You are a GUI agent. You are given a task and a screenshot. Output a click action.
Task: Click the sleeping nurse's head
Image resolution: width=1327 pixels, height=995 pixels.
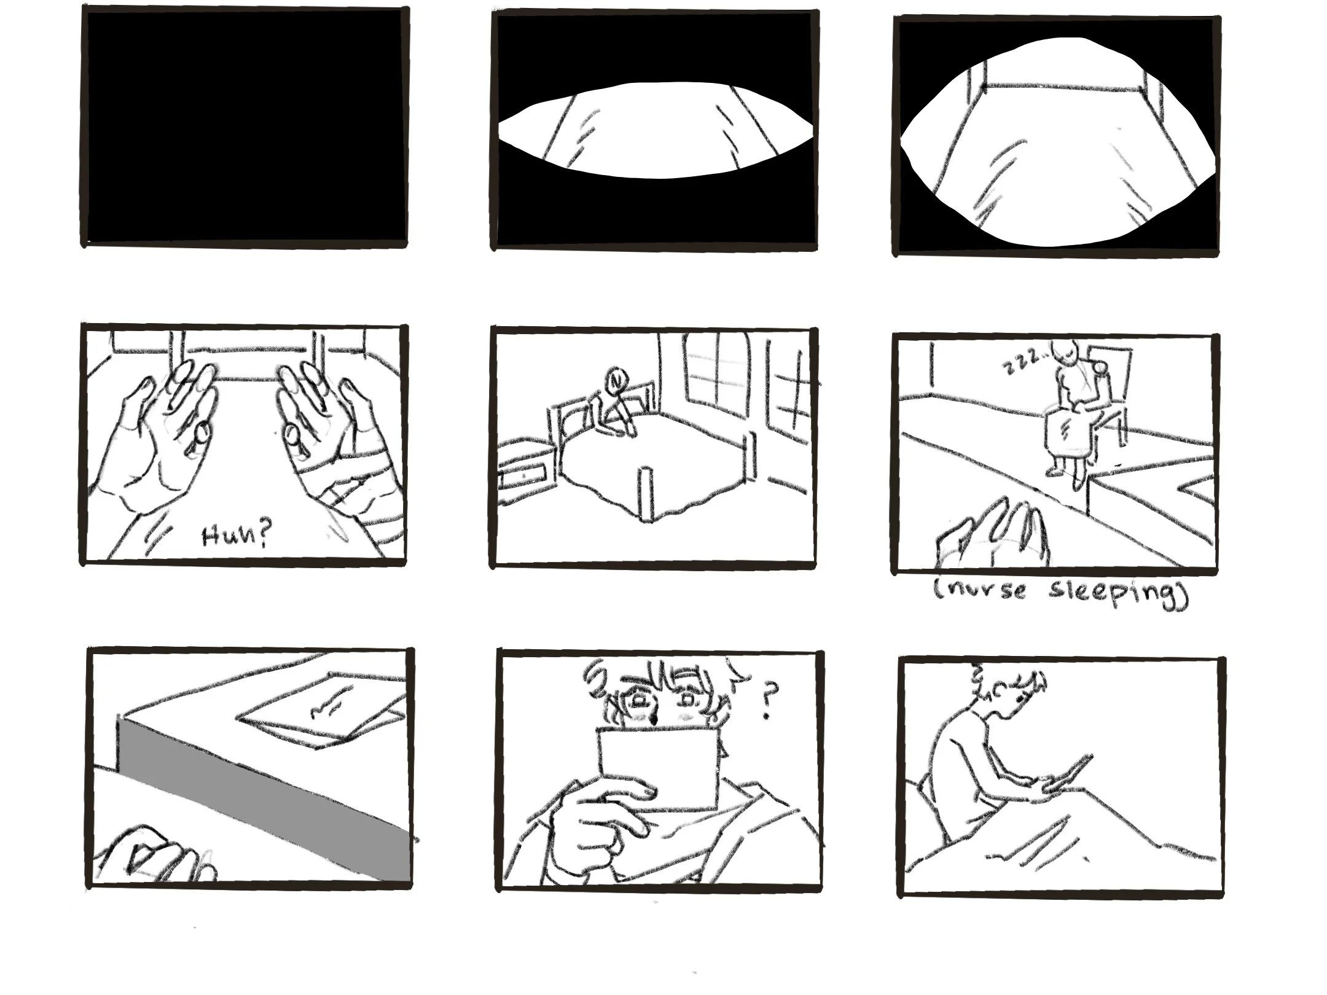pos(1063,353)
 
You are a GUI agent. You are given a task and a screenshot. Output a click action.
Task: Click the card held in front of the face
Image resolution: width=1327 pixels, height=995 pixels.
pos(659,767)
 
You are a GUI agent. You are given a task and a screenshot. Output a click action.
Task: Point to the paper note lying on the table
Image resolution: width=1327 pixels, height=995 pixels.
pos(323,709)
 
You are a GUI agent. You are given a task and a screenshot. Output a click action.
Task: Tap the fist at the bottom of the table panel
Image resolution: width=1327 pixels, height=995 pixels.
pos(157,857)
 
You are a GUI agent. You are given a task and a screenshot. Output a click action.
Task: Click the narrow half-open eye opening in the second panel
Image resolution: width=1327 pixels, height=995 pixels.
pos(656,130)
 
